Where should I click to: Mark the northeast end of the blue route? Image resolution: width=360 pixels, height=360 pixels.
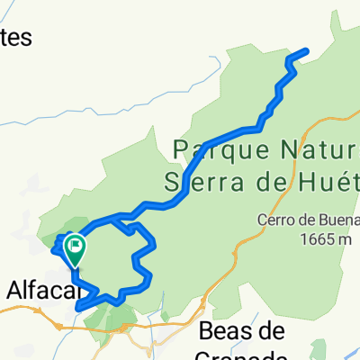coord(309,50)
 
